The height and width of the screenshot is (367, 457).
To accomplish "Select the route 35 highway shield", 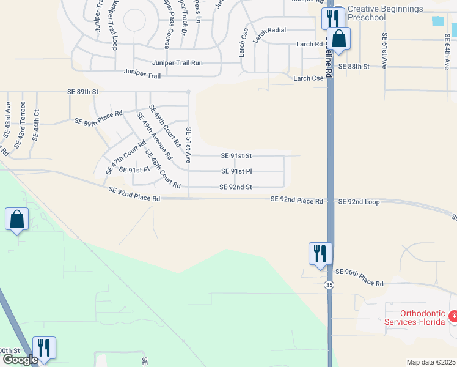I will (329, 284).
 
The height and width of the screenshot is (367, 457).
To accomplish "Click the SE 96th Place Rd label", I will (359, 284).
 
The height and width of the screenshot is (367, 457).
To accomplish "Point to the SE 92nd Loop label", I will (359, 201).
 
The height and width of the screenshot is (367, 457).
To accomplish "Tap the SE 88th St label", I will (354, 66).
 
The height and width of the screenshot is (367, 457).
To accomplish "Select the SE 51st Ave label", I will (189, 144).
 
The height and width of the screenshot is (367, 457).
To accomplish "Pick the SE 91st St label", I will (236, 156).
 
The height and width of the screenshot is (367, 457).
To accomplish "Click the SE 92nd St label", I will (236, 187).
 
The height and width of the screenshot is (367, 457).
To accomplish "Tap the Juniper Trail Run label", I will (177, 63).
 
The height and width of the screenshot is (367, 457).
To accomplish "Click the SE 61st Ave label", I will (384, 52).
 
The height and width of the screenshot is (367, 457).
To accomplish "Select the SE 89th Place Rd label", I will (98, 117).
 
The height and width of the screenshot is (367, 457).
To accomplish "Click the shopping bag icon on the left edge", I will (16, 220).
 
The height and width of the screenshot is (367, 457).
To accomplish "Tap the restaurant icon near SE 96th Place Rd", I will (320, 253).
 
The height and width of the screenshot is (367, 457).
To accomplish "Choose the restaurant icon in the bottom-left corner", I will (44, 347).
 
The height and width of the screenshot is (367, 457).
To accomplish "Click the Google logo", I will (20, 360).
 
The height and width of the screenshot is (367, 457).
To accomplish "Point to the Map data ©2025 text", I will (431, 362).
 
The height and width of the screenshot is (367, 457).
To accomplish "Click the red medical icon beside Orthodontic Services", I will (453, 317).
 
